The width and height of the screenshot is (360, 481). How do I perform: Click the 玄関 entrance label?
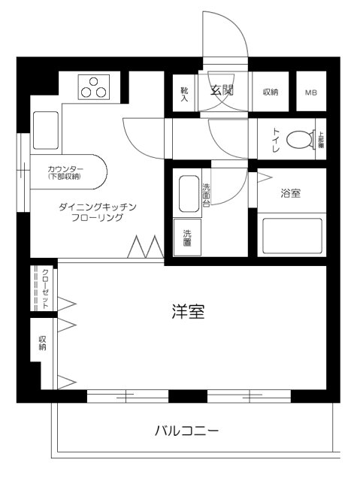221,92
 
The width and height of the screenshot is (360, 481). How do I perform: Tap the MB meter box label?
310,92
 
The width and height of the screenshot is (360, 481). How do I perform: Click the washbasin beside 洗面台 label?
189,194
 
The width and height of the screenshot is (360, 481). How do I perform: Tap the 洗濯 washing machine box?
187,236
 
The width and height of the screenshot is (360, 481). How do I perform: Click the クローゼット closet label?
45,287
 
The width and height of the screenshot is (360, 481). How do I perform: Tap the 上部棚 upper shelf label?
321,139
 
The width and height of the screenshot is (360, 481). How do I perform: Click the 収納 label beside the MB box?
271,92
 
